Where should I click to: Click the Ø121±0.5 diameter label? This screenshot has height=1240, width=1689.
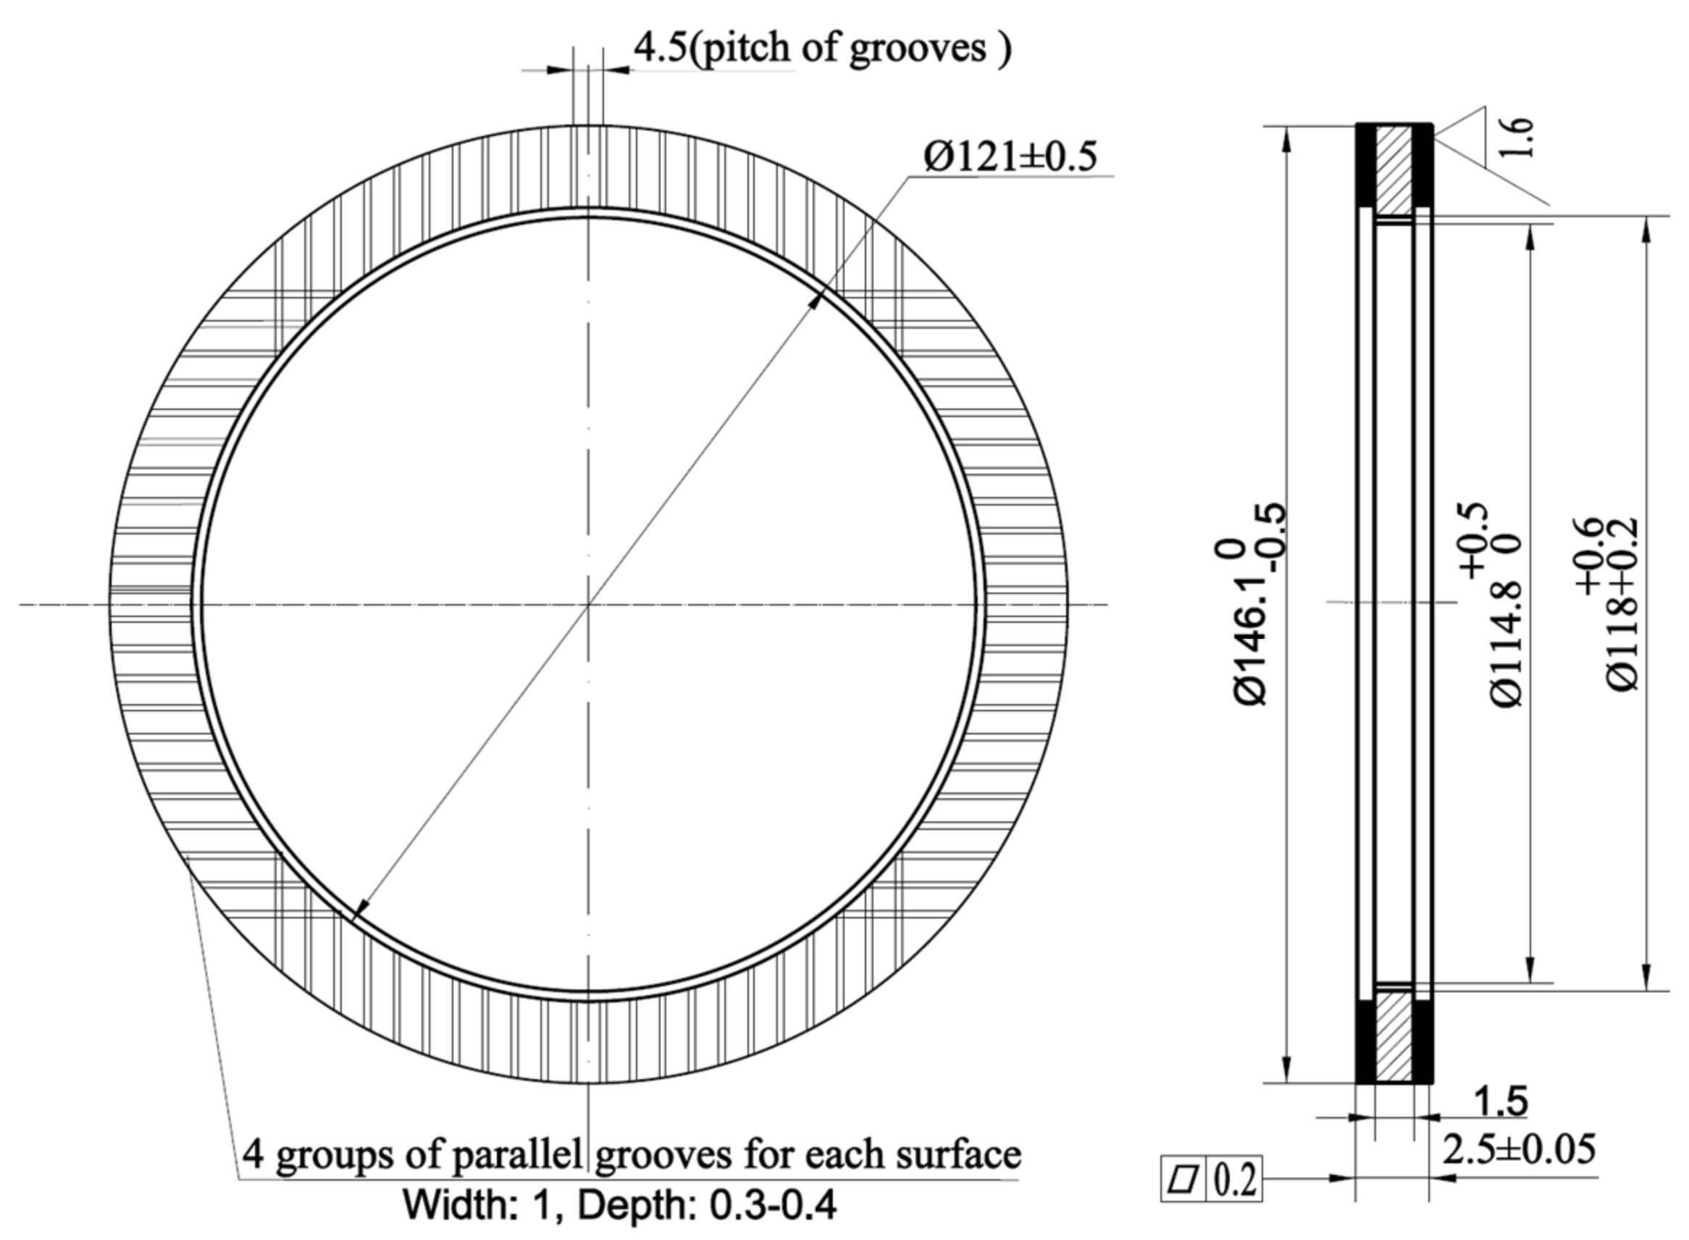tap(1010, 156)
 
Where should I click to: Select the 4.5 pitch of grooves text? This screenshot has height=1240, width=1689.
tap(822, 48)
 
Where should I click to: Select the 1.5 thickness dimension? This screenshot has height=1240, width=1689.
tap(1500, 1102)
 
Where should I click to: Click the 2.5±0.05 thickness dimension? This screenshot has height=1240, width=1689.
tap(1519, 1149)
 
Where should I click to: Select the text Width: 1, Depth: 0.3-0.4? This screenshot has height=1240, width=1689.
tap(620, 1205)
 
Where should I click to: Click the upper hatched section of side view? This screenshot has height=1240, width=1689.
tap(1394, 169)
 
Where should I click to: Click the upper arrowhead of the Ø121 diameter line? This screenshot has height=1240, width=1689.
tap(817, 301)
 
